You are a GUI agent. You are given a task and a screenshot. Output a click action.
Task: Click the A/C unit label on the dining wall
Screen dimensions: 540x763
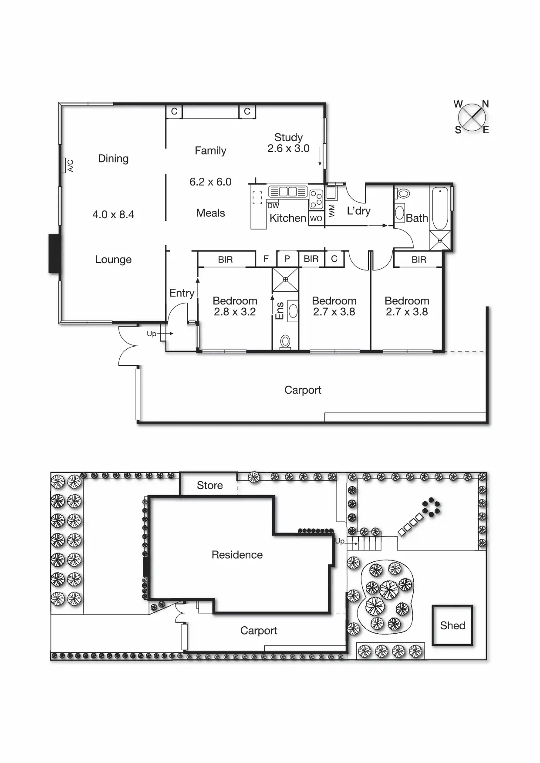(70, 165)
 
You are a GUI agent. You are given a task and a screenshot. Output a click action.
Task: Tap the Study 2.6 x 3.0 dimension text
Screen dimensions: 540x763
(288, 148)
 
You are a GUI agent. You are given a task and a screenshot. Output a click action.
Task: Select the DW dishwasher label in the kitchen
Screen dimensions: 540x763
(273, 206)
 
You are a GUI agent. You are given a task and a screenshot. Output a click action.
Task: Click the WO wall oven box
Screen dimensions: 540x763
(316, 218)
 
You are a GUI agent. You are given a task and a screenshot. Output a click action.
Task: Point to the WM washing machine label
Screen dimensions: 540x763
(332, 211)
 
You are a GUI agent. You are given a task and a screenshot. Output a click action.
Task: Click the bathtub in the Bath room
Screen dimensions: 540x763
(440, 208)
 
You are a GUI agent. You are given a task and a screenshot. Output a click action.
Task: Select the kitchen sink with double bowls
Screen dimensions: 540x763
(287, 192)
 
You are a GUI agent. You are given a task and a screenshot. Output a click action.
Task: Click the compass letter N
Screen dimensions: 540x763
(485, 104)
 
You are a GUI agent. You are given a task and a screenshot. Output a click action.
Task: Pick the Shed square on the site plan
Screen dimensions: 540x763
(452, 625)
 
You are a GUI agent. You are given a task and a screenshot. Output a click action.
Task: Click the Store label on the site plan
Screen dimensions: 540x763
(209, 485)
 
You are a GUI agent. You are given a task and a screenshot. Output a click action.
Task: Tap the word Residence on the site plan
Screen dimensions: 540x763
(237, 554)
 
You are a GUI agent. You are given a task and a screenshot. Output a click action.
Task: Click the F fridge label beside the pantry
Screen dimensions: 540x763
(266, 259)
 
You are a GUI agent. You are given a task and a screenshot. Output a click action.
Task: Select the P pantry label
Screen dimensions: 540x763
(287, 259)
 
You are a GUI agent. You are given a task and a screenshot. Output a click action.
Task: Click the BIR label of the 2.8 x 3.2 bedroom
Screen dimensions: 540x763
(225, 260)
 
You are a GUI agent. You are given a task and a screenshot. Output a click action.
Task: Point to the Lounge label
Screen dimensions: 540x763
(113, 260)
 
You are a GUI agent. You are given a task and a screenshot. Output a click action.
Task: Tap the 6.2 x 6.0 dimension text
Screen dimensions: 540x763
(210, 182)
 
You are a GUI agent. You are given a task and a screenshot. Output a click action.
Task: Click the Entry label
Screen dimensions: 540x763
(182, 293)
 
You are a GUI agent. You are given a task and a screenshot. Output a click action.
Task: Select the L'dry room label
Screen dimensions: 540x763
(358, 211)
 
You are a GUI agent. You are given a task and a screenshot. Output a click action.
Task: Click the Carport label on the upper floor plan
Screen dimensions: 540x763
(303, 390)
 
